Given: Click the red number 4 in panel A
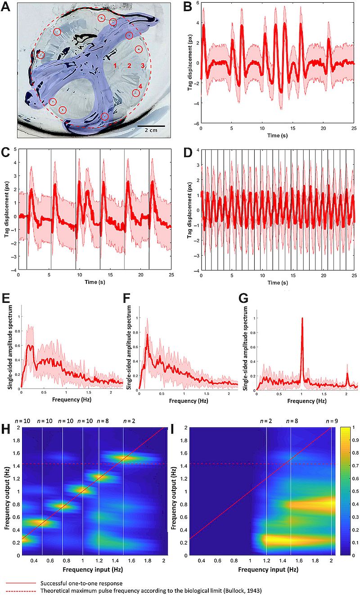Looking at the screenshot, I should [140, 86].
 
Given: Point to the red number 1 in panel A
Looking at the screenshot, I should [115, 66].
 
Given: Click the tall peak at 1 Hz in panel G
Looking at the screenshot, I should [302, 320].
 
